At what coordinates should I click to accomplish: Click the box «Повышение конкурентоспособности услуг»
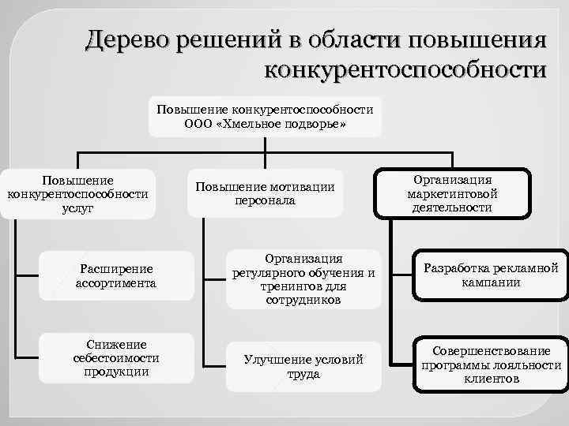click(x=77, y=193)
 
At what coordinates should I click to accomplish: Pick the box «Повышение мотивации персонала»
click(x=266, y=193)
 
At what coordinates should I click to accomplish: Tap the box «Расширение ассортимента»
click(x=115, y=275)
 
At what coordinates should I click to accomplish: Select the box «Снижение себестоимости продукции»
click(x=115, y=358)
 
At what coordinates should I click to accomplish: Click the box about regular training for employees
click(x=303, y=279)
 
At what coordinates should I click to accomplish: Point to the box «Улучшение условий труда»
click(x=303, y=366)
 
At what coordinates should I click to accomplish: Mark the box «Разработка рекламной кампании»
click(x=492, y=275)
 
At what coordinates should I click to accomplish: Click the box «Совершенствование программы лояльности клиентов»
click(x=492, y=364)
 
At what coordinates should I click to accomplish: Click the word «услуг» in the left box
click(x=77, y=207)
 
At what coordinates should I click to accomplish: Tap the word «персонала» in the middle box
click(x=266, y=200)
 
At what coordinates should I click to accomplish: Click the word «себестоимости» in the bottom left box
click(x=115, y=358)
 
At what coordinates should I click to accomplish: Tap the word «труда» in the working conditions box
click(x=303, y=374)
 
